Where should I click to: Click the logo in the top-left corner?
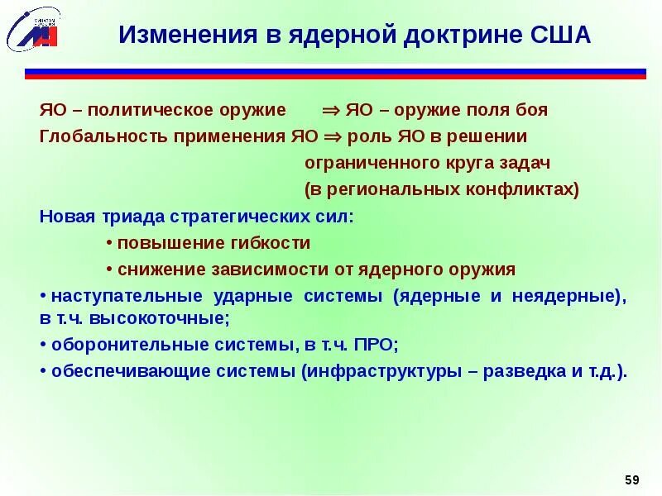point(33,30)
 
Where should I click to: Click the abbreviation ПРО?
point(378,345)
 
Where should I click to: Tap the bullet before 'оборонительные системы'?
point(43,345)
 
